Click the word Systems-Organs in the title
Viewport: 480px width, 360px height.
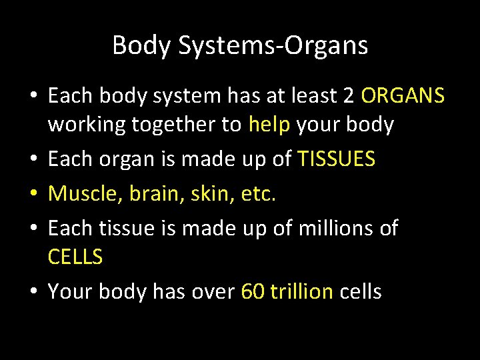tap(274, 46)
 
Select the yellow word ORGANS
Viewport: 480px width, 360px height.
tap(403, 97)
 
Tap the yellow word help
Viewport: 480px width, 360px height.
tap(269, 125)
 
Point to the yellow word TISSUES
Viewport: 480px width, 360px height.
tap(337, 159)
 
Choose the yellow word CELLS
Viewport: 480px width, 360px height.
tap(75, 257)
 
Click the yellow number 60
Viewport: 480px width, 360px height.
tap(253, 291)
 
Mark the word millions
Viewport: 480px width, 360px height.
tap(324, 229)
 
